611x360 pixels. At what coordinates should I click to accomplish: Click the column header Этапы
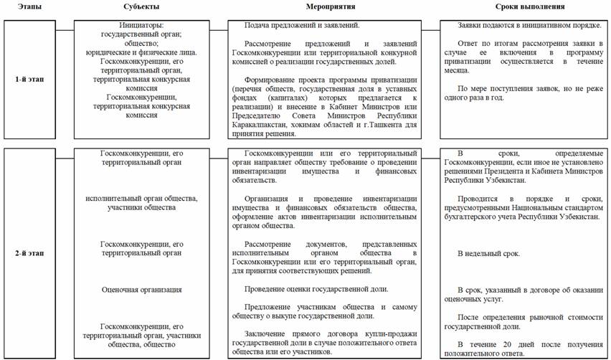tap(24, 6)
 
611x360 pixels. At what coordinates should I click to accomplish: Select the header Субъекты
tap(141, 6)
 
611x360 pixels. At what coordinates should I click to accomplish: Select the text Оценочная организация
tap(141, 290)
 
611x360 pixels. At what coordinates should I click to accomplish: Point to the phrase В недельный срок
tap(489, 254)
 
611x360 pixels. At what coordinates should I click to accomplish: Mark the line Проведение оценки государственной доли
tap(316, 289)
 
